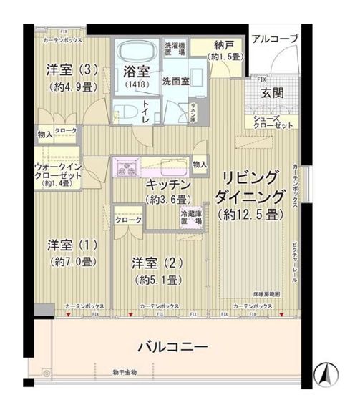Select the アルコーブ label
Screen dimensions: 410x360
pos(275,39)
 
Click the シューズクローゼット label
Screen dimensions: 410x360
pos(268,122)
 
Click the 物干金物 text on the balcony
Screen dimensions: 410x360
pos(125,371)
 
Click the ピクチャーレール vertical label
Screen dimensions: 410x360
pos(295,260)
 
